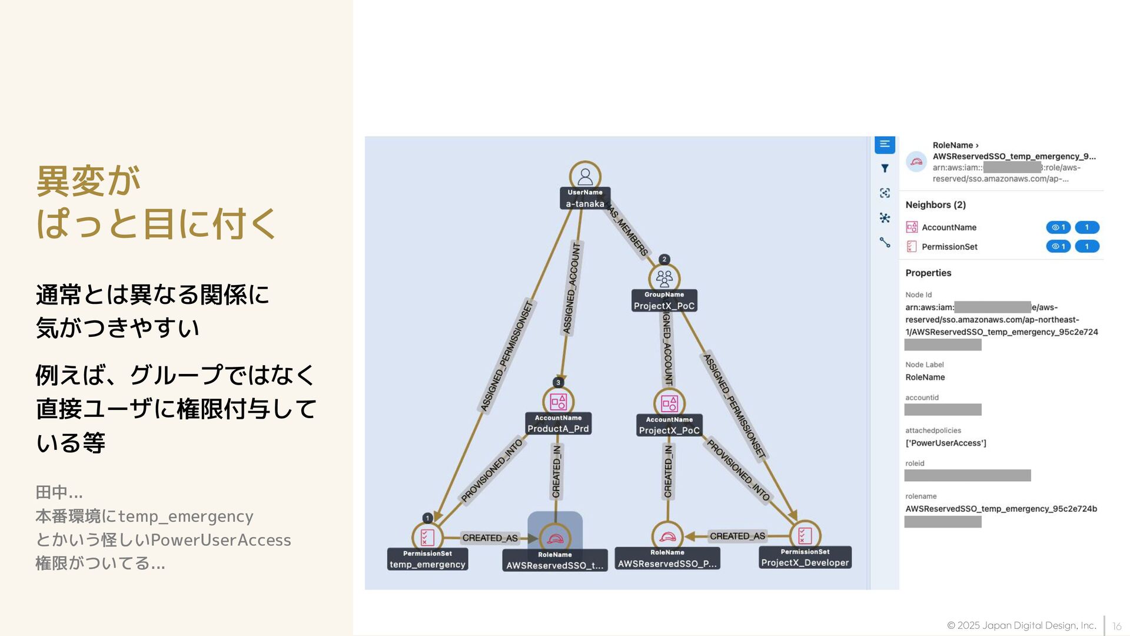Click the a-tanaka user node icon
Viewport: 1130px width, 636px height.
coord(585,176)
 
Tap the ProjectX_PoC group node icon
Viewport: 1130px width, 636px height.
coord(664,278)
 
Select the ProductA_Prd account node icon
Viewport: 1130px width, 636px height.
coord(558,402)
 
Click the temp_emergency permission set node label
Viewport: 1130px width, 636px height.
coord(427,564)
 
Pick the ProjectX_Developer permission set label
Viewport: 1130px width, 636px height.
coord(805,562)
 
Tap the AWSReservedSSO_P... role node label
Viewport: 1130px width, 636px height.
coord(667,564)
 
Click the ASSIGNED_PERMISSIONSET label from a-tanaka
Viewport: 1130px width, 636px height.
coord(507,356)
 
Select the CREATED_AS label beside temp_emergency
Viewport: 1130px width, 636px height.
coord(490,538)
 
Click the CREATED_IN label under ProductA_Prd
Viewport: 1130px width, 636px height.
coord(556,471)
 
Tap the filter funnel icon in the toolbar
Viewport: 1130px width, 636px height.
coord(885,168)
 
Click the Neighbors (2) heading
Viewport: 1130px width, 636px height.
coord(935,205)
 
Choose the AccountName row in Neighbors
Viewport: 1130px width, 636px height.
coord(949,227)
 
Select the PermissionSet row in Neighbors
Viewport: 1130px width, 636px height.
coord(949,247)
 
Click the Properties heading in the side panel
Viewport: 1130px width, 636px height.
coord(928,273)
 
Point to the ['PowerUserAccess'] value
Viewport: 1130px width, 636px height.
coord(945,443)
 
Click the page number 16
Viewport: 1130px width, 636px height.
coord(1116,626)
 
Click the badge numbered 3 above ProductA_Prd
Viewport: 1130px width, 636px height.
coord(558,383)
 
